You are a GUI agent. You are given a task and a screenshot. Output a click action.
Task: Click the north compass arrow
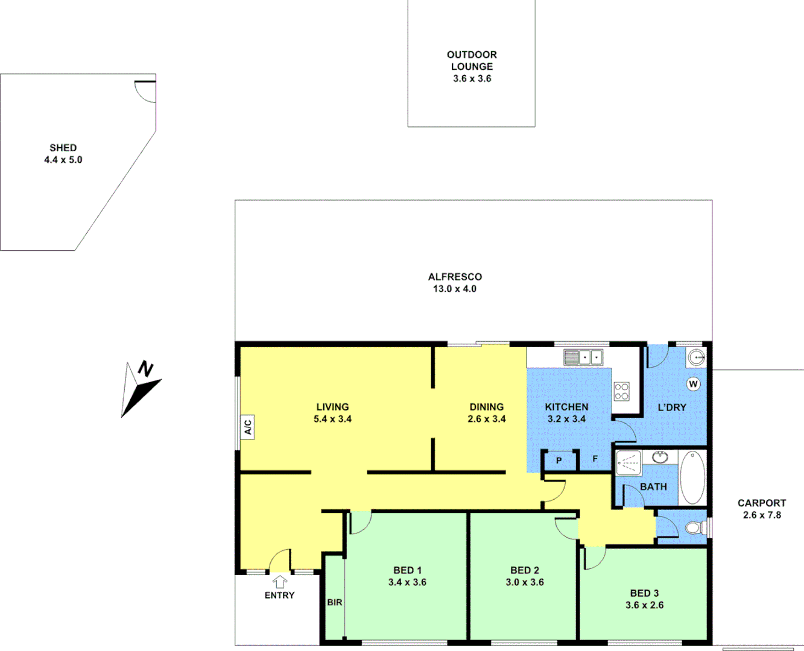[x=141, y=388]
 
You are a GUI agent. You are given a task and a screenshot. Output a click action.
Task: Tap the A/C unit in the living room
[x=247, y=427]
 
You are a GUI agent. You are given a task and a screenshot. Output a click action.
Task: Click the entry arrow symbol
[x=279, y=582]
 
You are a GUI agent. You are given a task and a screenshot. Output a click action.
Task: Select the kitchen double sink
[x=583, y=357]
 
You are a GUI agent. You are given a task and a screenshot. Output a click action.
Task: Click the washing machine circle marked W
[x=693, y=384]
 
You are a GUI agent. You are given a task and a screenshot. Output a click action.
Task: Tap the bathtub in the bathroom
[x=692, y=477]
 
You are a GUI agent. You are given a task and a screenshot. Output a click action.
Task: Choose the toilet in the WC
[x=695, y=529]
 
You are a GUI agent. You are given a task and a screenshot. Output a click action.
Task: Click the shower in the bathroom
[x=628, y=463]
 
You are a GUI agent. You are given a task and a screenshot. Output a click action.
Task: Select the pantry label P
[x=559, y=461]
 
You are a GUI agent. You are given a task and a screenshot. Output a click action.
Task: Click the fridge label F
[x=595, y=459]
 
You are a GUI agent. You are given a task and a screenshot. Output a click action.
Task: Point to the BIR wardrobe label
[x=335, y=602]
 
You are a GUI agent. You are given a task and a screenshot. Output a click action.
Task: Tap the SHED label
[x=63, y=148]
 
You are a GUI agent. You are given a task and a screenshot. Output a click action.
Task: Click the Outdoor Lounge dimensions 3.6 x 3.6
[x=472, y=79]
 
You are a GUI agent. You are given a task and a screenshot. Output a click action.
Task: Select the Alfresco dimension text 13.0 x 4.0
[x=455, y=289]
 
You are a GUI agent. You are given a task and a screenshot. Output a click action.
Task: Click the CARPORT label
[x=762, y=503]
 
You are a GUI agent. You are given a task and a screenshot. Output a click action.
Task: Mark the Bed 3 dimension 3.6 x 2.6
[x=644, y=605]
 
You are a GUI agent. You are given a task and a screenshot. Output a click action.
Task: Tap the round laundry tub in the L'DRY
[x=697, y=357]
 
